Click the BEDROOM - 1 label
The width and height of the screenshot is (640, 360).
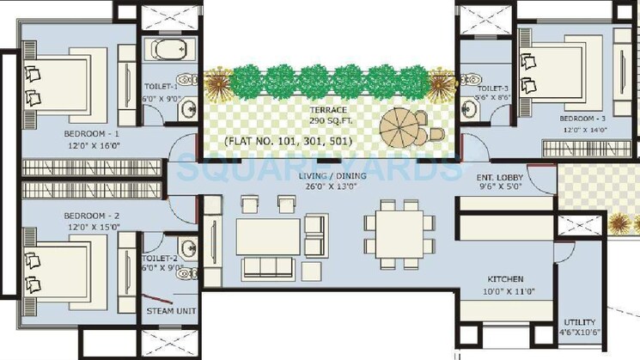92,135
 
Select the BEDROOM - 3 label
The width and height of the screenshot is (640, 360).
584,118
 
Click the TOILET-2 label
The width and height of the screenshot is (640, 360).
161,257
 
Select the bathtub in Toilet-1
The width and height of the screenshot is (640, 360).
168,46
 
